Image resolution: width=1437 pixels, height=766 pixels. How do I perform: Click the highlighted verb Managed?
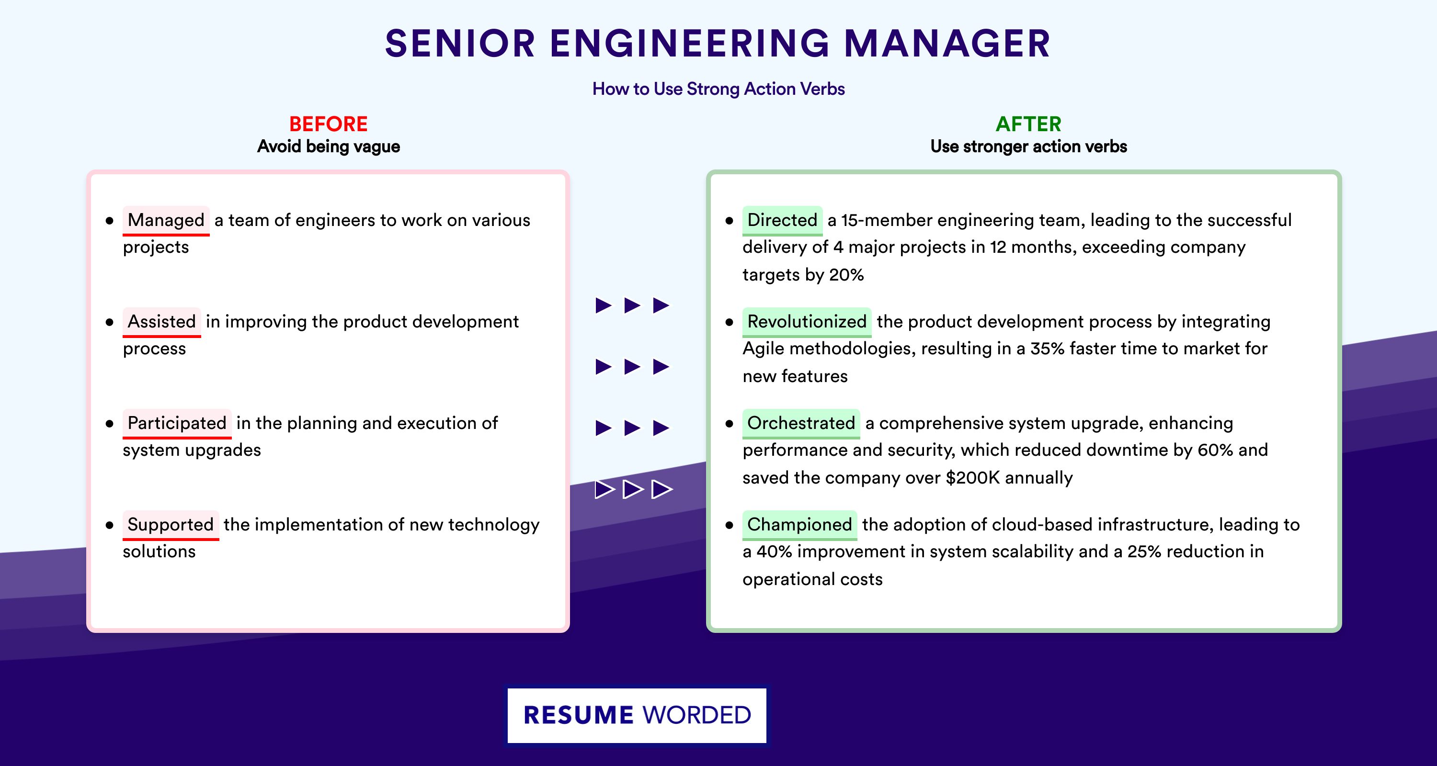166,220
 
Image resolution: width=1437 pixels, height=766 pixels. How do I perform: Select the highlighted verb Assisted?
162,322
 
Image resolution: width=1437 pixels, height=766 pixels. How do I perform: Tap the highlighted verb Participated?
177,423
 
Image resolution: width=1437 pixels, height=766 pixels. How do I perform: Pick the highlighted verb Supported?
171,525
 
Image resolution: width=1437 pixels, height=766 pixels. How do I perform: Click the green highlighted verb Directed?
782,220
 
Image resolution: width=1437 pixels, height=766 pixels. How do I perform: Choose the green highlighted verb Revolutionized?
807,322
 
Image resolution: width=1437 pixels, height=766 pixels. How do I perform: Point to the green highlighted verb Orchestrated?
801,423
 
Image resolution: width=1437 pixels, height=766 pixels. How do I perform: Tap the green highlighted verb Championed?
799,525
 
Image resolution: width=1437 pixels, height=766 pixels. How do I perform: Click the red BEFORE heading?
329,124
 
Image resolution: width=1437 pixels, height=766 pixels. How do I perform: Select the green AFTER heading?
1029,124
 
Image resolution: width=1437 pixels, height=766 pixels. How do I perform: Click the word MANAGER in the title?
947,44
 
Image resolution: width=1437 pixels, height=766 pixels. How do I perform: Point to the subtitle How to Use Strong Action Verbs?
718,89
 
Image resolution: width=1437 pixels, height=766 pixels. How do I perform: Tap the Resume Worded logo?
637,715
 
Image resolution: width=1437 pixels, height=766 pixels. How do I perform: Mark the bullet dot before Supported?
109,525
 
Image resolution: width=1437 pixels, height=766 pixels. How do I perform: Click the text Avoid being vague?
329,146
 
